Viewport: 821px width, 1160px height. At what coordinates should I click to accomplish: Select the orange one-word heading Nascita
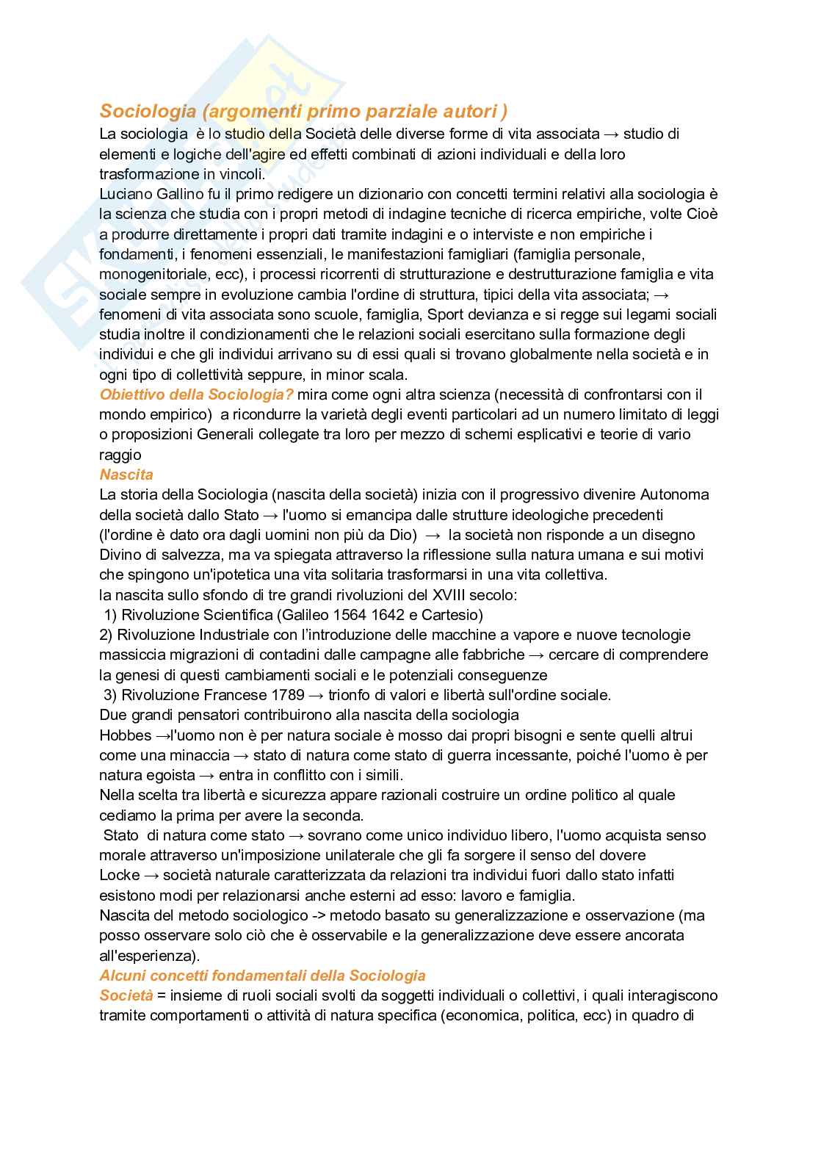point(126,475)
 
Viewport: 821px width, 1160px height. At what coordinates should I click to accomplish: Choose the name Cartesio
point(454,615)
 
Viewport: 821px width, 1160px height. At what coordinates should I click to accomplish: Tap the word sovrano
point(334,835)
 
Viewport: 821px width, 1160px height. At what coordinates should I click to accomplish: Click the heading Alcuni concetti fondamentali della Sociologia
point(262,976)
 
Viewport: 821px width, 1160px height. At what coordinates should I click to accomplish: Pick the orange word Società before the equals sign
point(126,995)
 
